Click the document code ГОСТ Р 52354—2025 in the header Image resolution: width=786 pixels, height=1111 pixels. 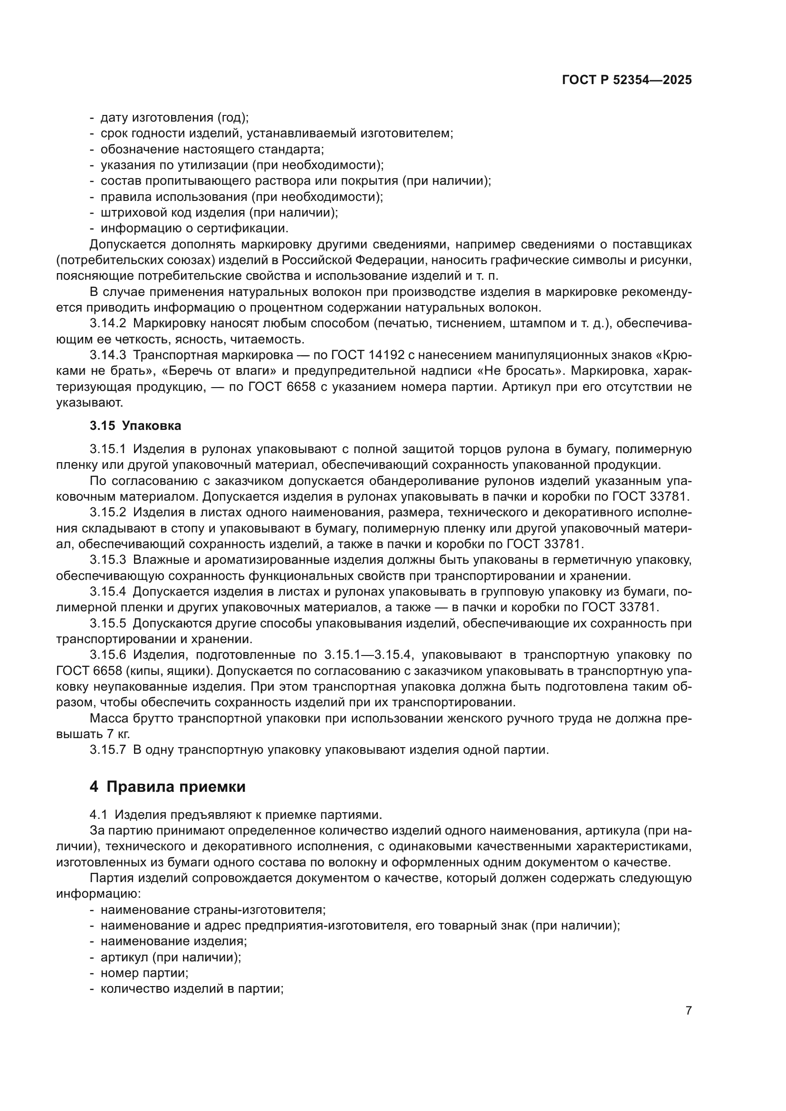click(x=627, y=80)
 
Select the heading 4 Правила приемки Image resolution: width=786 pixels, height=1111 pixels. click(x=167, y=787)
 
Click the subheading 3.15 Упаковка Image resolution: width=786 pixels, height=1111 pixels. click(x=135, y=426)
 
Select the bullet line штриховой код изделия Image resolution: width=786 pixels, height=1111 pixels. click(x=219, y=212)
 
